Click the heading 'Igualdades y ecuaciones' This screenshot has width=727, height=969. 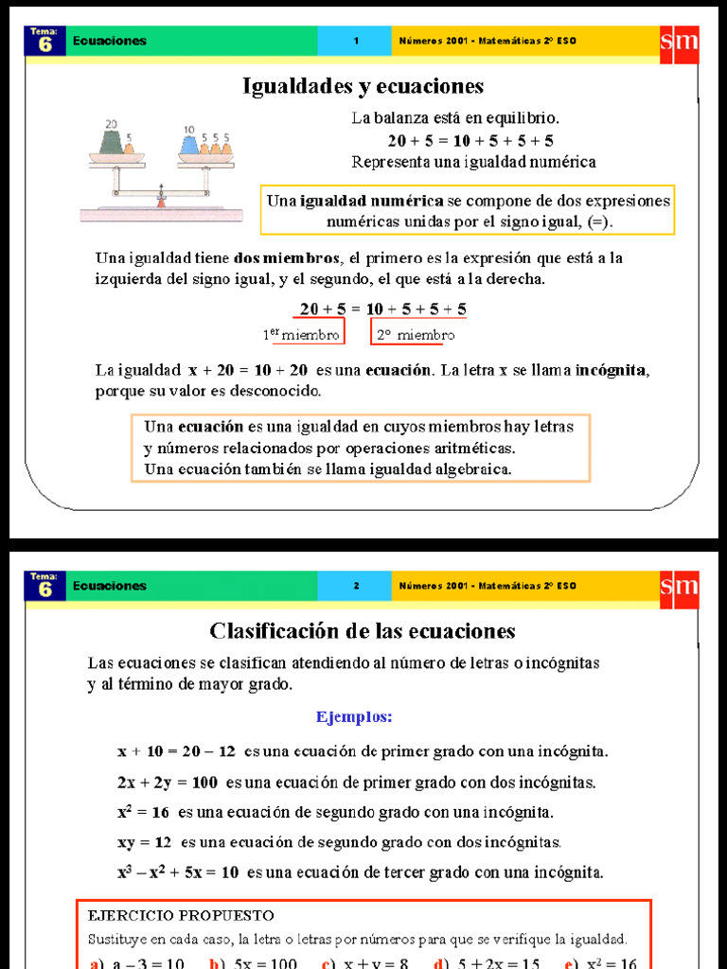pos(363,86)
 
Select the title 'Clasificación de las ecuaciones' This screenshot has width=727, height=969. pos(363,630)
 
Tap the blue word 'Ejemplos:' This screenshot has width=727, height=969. pos(354,716)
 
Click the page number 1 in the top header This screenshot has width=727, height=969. pos(356,41)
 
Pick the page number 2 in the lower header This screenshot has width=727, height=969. pos(356,586)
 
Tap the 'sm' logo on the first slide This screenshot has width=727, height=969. pos(680,41)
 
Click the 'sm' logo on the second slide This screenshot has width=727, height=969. pos(680,586)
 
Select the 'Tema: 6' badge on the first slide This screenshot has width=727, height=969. pos(44,41)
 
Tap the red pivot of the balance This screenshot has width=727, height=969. pos(161,201)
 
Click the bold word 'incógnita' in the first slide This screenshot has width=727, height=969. pos(612,369)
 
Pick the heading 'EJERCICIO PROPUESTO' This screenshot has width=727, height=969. pos(181,915)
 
